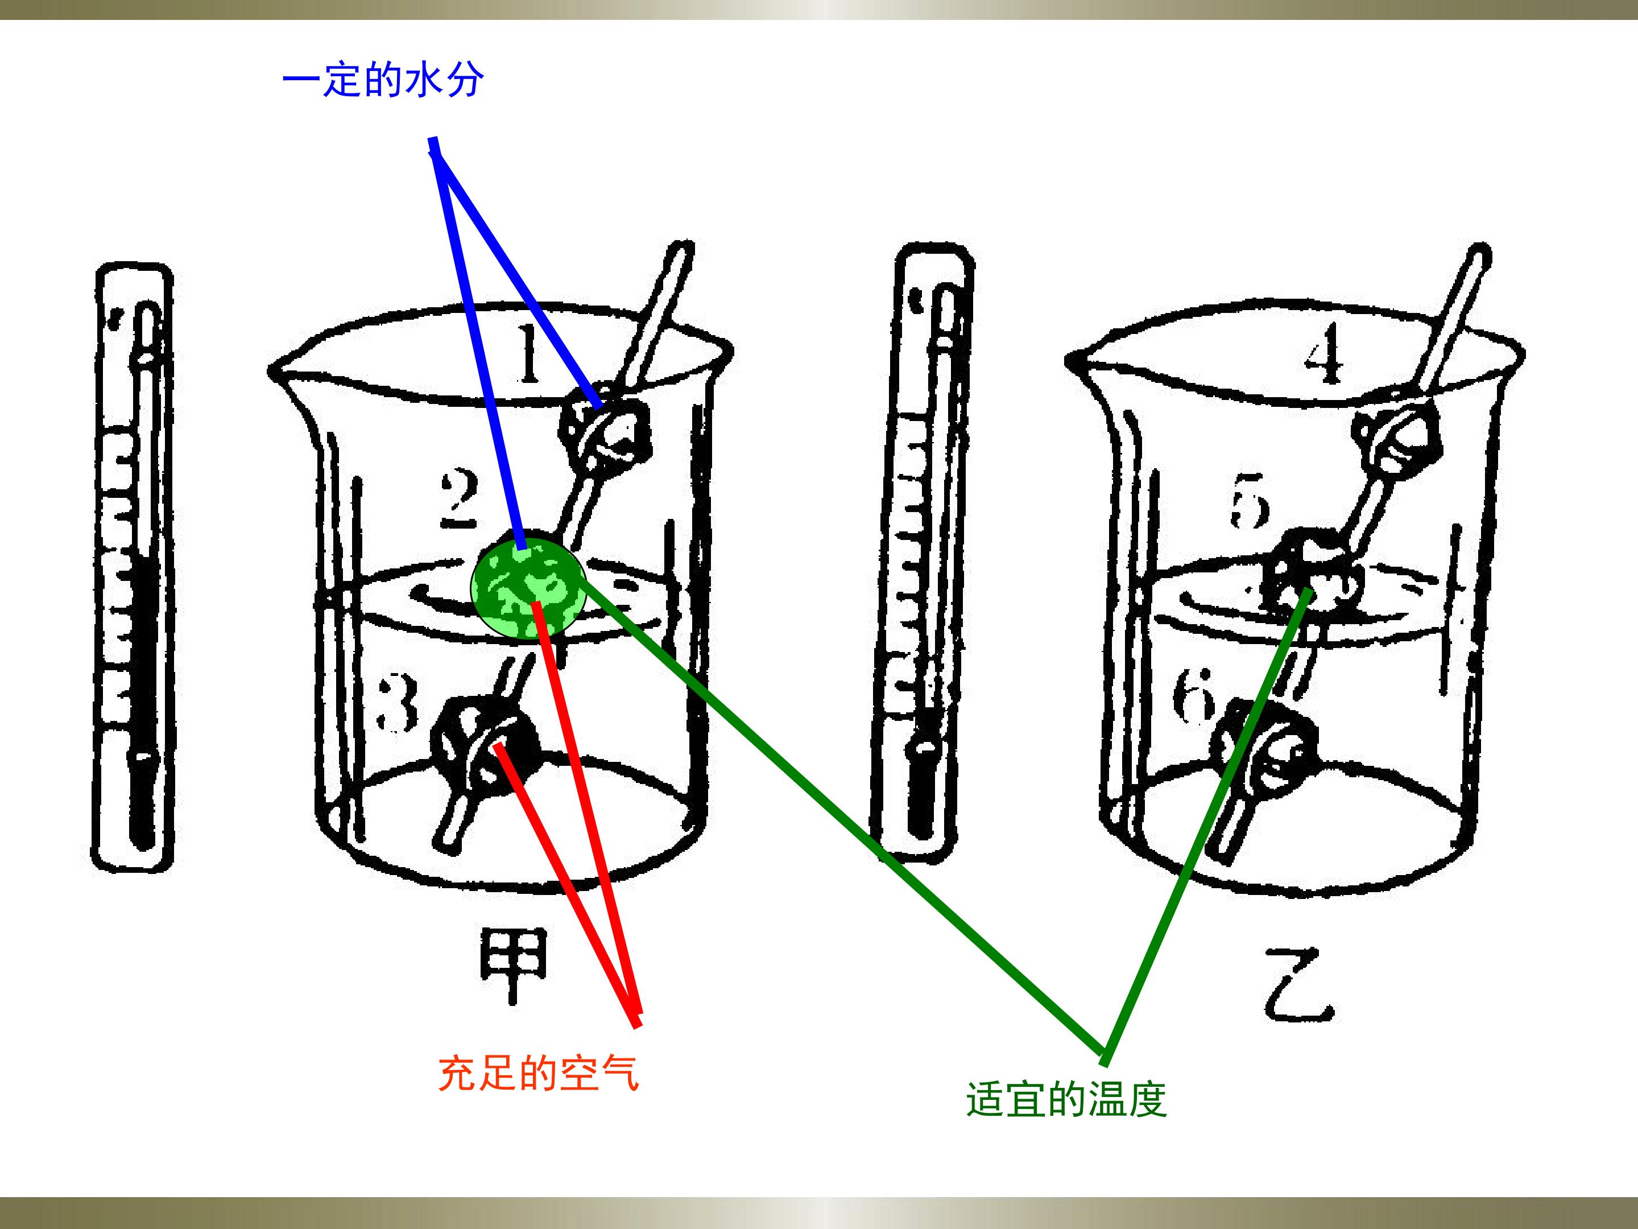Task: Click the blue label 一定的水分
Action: [383, 80]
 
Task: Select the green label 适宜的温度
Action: [1067, 1099]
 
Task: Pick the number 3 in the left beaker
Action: [398, 702]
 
